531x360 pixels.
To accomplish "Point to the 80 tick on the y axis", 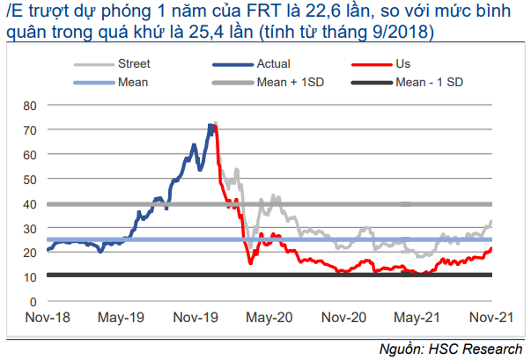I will pyautogui.click(x=30, y=105).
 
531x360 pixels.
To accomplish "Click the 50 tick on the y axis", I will pyautogui.click(x=30, y=179).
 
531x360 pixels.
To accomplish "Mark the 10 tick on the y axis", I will pyautogui.click(x=30, y=276).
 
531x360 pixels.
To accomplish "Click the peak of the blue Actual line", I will pyautogui.click(x=210, y=125).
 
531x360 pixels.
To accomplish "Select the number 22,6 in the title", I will pyautogui.click(x=315, y=11).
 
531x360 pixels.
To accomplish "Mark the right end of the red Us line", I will pyautogui.click(x=491, y=248).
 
